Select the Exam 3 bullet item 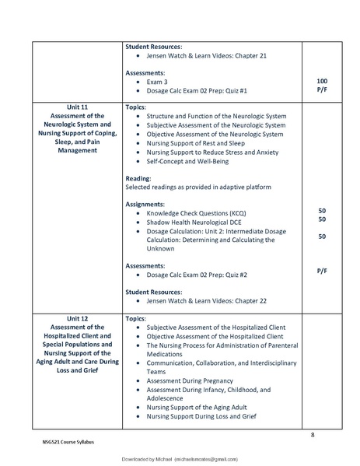click(x=158, y=81)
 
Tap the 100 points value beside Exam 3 click(x=321, y=81)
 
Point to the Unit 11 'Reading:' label click(x=138, y=177)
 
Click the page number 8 click(x=313, y=434)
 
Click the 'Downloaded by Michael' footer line click(x=180, y=460)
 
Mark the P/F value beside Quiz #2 click(x=321, y=270)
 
